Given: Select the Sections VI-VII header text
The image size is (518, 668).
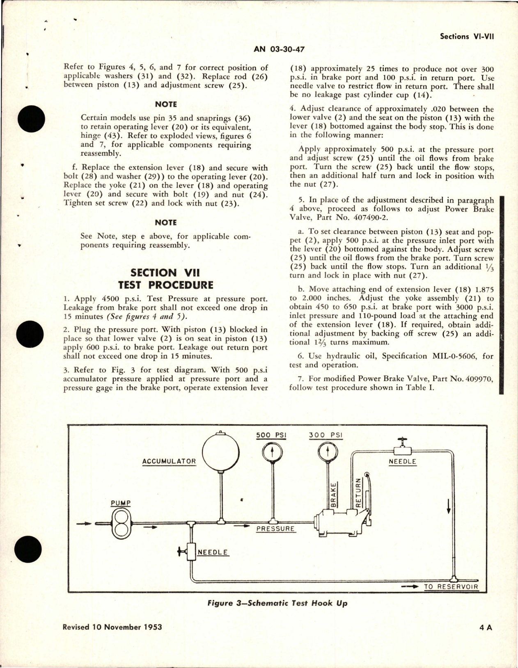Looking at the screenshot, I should [467, 36].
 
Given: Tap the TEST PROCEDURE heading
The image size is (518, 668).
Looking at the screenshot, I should [165, 285].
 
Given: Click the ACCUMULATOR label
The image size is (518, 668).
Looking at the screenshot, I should [169, 461].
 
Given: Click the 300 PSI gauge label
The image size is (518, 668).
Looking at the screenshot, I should [325, 435].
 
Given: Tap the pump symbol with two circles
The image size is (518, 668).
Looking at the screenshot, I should [121, 524].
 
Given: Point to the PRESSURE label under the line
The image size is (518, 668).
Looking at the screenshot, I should [275, 529].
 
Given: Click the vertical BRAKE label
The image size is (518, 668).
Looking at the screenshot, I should [334, 495].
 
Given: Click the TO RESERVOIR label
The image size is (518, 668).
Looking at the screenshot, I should [451, 586].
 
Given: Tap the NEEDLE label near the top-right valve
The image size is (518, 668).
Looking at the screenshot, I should [402, 461].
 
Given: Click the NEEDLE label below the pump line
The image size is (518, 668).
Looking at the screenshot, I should [213, 552].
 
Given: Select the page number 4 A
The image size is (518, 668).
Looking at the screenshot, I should [485, 627].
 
